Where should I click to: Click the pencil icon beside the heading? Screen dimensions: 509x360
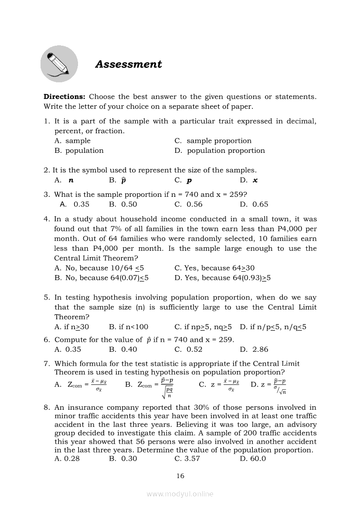point(59,64)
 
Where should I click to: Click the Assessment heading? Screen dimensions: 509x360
point(128,64)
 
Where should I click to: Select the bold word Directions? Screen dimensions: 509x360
point(65,97)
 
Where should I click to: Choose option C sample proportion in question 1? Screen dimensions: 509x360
point(219,141)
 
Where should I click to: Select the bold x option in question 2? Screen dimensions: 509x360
point(255,180)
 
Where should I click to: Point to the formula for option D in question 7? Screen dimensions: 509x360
point(275,386)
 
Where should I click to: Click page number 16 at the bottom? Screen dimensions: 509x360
point(180,476)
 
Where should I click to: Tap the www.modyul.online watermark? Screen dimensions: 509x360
point(180,494)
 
